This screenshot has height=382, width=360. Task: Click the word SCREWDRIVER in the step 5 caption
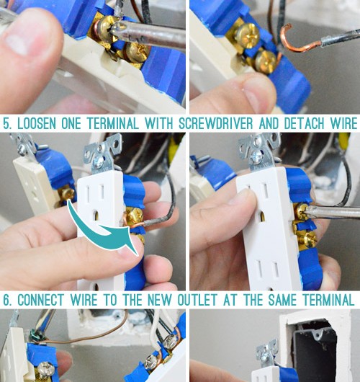pos(216,123)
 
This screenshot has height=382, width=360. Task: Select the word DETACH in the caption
pos(305,123)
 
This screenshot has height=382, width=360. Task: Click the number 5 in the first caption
pos(7,124)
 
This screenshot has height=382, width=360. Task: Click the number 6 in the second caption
pos(7,300)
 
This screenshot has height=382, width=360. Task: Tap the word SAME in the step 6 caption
pos(282,300)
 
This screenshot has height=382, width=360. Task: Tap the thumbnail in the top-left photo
pos(17,44)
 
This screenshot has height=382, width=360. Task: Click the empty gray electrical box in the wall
pos(314,351)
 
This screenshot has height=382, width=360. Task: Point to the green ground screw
pos(35,336)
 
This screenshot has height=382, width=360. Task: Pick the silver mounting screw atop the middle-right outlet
pos(257,156)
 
